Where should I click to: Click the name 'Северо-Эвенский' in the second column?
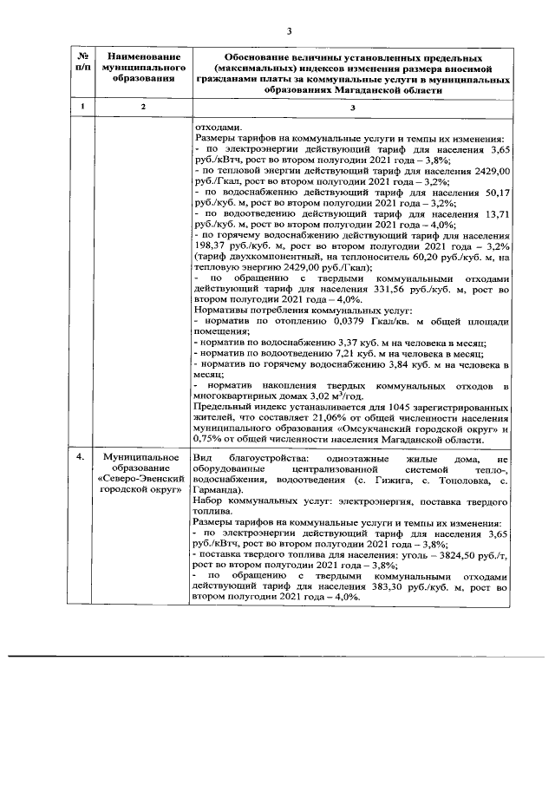140,478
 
